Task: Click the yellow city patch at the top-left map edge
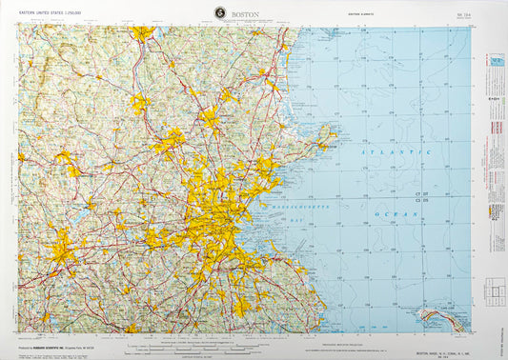click(142, 33)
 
